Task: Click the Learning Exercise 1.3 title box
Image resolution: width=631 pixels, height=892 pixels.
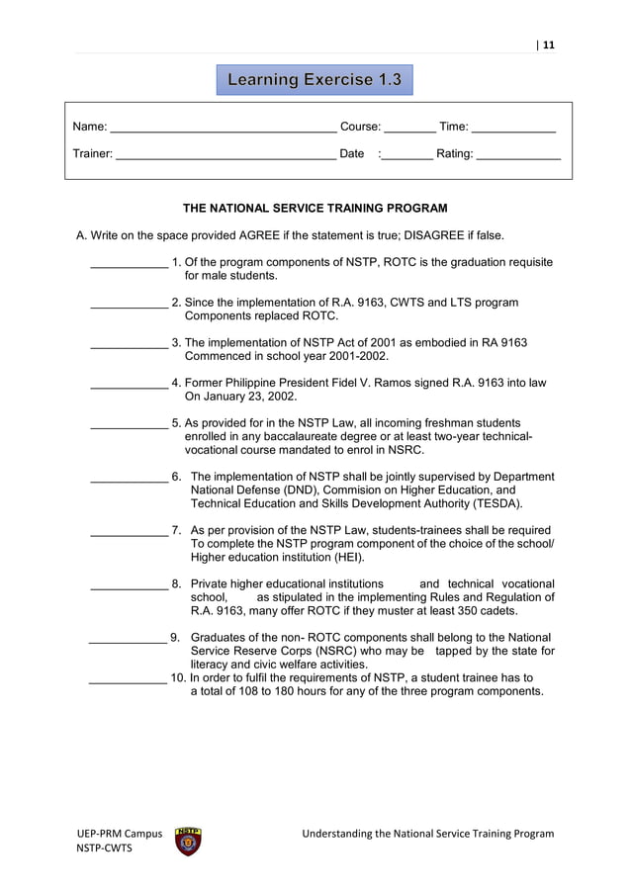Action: [315, 79]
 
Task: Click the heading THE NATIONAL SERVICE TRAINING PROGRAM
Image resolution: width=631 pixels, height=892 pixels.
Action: [315, 209]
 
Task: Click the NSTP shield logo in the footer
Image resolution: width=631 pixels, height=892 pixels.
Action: [187, 842]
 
